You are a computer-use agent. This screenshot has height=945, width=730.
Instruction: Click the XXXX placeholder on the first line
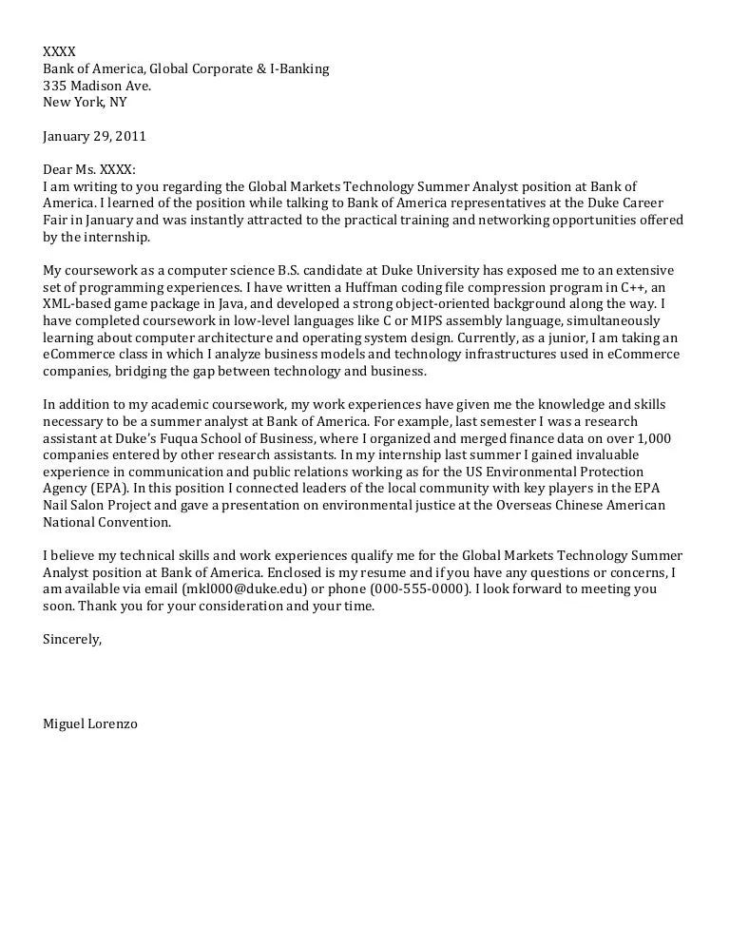click(59, 50)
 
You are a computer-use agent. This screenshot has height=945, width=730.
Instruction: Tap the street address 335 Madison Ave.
click(97, 85)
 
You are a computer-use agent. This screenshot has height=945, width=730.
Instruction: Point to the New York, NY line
click(85, 102)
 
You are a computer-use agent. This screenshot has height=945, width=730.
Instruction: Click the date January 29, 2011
click(94, 136)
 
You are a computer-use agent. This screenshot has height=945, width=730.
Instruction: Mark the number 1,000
click(652, 437)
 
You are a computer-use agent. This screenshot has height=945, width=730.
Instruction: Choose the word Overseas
click(526, 505)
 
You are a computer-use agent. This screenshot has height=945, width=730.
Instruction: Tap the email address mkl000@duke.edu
click(238, 588)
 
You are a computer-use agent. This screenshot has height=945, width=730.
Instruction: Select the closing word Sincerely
click(71, 639)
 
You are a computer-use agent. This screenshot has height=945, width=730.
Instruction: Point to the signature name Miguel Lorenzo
click(90, 723)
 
